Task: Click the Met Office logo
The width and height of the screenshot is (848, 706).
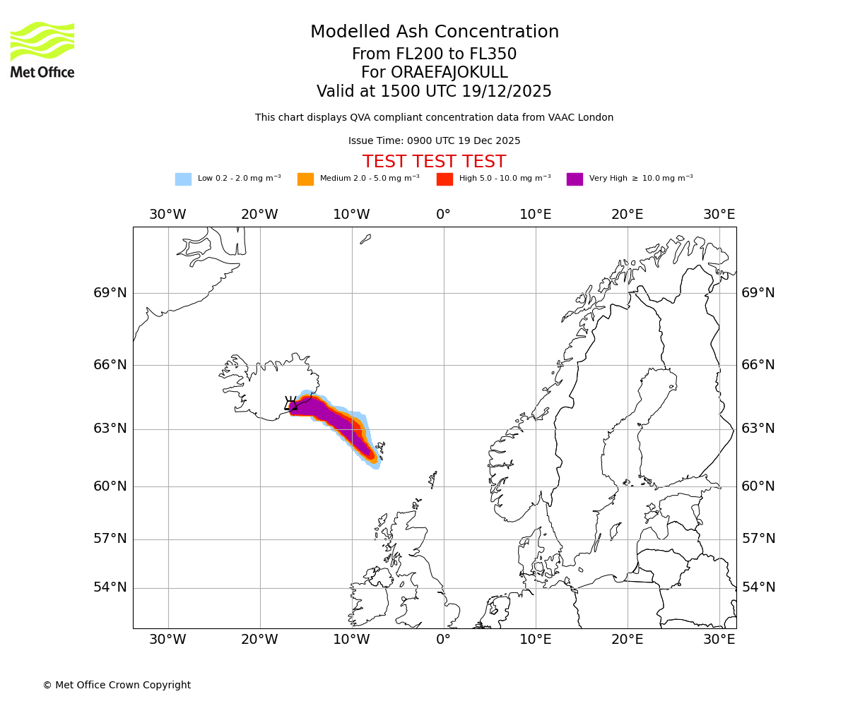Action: [42, 49]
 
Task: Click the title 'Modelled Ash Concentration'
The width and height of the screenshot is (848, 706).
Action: [434, 32]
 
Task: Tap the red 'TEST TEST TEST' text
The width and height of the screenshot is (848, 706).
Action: [434, 162]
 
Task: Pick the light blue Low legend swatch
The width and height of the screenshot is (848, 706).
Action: [183, 179]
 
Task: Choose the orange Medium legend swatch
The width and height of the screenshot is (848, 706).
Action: [305, 179]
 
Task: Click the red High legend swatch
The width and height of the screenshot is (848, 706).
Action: [444, 179]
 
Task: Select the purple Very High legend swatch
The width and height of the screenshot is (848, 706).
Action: [575, 179]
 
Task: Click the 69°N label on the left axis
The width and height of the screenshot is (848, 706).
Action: [110, 293]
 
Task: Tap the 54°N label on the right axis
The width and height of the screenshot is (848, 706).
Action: [758, 587]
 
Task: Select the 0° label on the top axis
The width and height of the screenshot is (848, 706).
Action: [443, 215]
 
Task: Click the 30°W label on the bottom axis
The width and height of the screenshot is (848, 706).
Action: [167, 640]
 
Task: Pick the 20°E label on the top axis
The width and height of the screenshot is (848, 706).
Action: [627, 215]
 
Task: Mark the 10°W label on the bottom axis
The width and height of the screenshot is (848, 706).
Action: [351, 640]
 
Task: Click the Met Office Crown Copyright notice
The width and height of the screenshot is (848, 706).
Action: [117, 685]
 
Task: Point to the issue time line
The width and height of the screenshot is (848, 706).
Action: [434, 140]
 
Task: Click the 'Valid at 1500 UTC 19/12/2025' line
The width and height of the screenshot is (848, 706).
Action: [434, 92]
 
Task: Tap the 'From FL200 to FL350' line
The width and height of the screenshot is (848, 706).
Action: [434, 54]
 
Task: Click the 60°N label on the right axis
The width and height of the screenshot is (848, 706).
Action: [758, 486]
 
